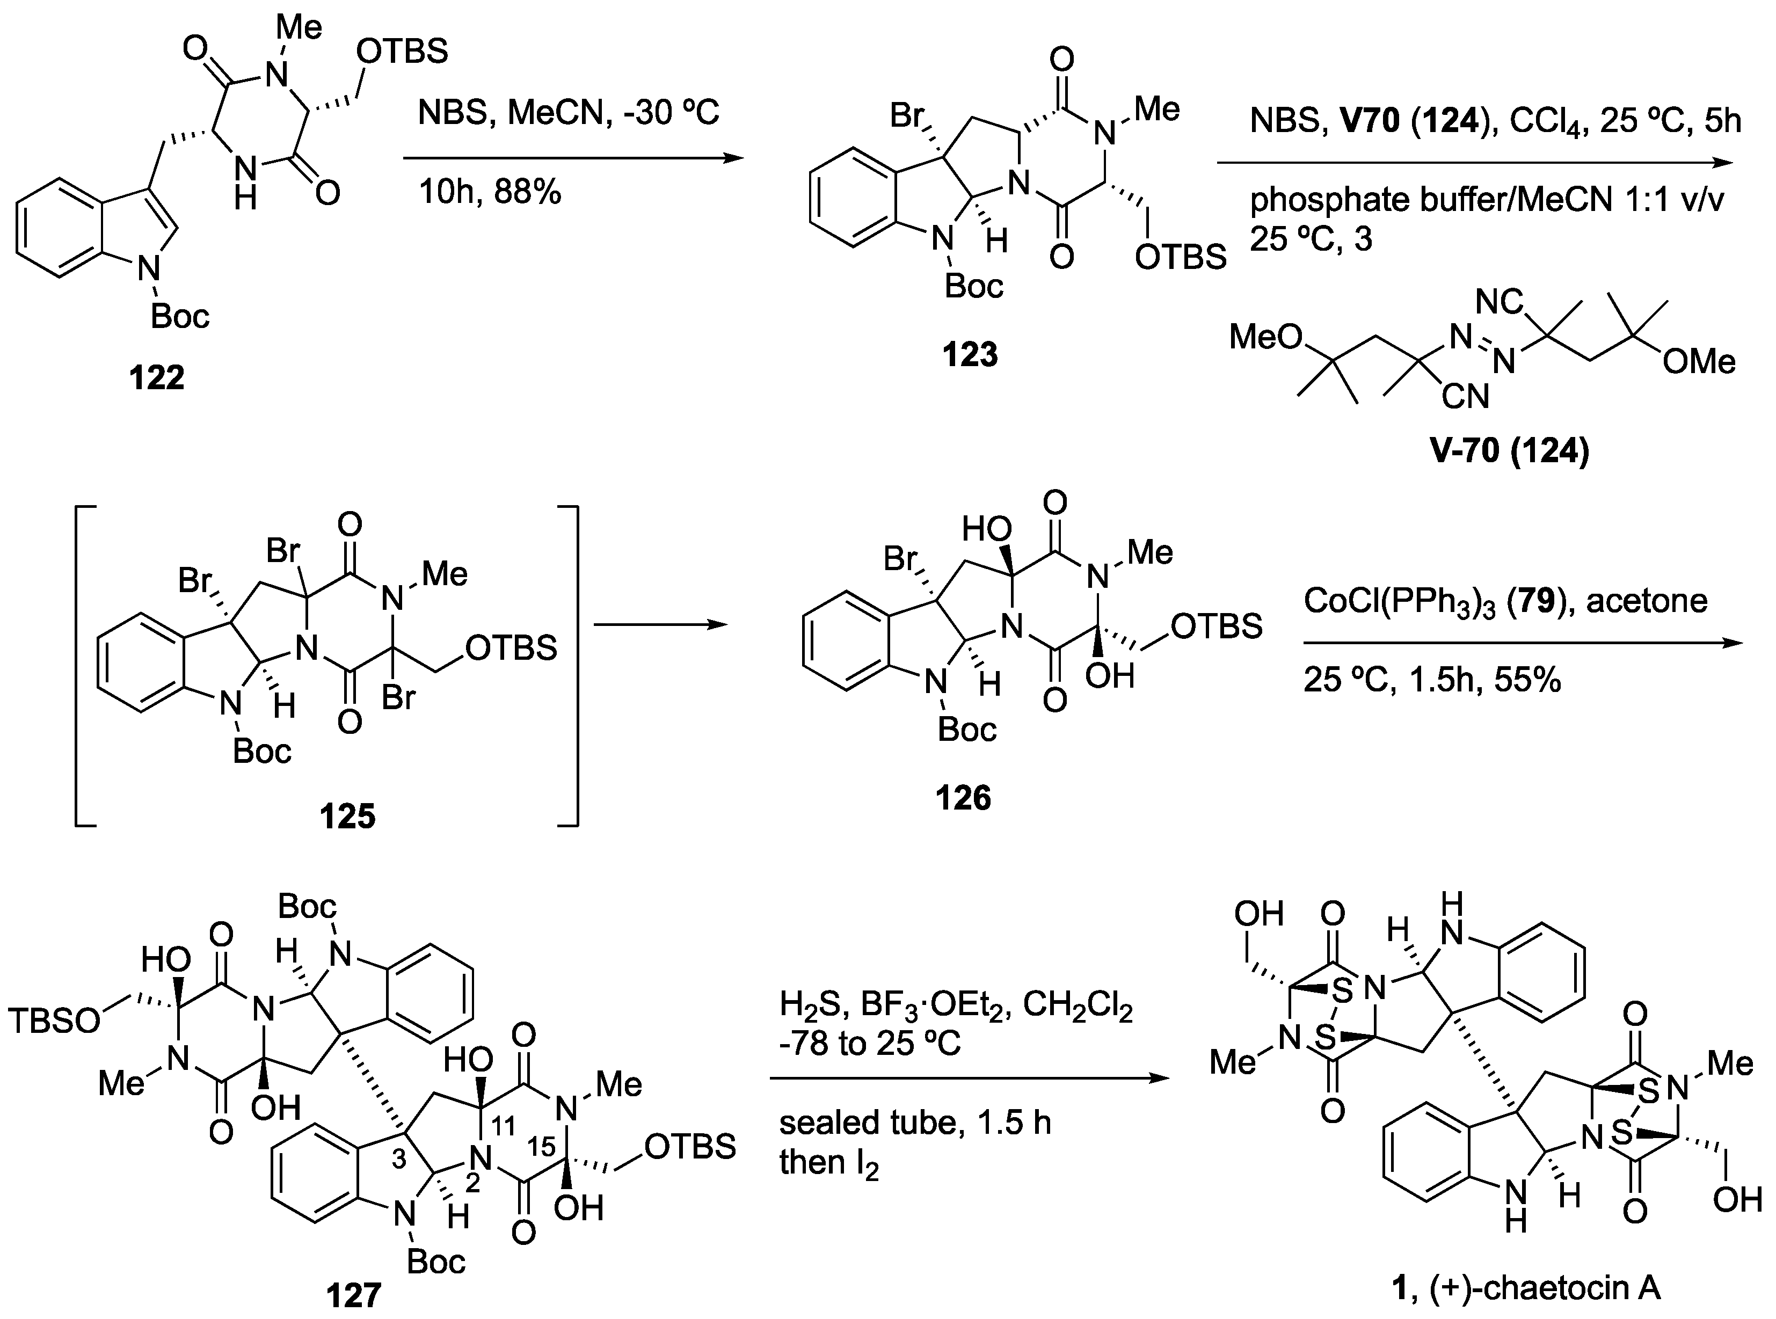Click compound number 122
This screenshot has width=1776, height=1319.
pyautogui.click(x=157, y=377)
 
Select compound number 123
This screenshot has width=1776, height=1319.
pyautogui.click(x=970, y=354)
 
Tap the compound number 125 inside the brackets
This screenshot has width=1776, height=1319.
pyautogui.click(x=347, y=817)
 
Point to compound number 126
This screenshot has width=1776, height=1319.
pyautogui.click(x=963, y=797)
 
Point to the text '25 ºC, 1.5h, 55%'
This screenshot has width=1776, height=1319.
pyautogui.click(x=1432, y=680)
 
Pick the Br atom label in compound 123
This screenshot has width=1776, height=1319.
pyautogui.click(x=907, y=116)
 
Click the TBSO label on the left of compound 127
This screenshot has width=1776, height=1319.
pyautogui.click(x=54, y=1021)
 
